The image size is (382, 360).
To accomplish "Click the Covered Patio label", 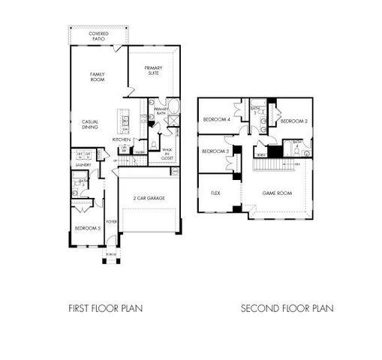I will [98, 37].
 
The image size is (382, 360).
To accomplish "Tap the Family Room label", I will [98, 77].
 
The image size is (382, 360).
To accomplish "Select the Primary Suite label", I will [154, 71].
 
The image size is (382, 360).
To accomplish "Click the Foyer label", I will [112, 221].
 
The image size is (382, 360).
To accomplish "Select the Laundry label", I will [83, 164].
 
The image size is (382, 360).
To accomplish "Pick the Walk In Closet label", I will [167, 155].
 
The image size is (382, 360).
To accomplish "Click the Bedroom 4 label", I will [217, 119].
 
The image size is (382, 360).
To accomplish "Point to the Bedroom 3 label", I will [216, 152].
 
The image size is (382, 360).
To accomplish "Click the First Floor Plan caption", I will [105, 307].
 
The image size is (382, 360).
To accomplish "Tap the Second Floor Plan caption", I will [287, 307].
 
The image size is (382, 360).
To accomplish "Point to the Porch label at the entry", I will [111, 254].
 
